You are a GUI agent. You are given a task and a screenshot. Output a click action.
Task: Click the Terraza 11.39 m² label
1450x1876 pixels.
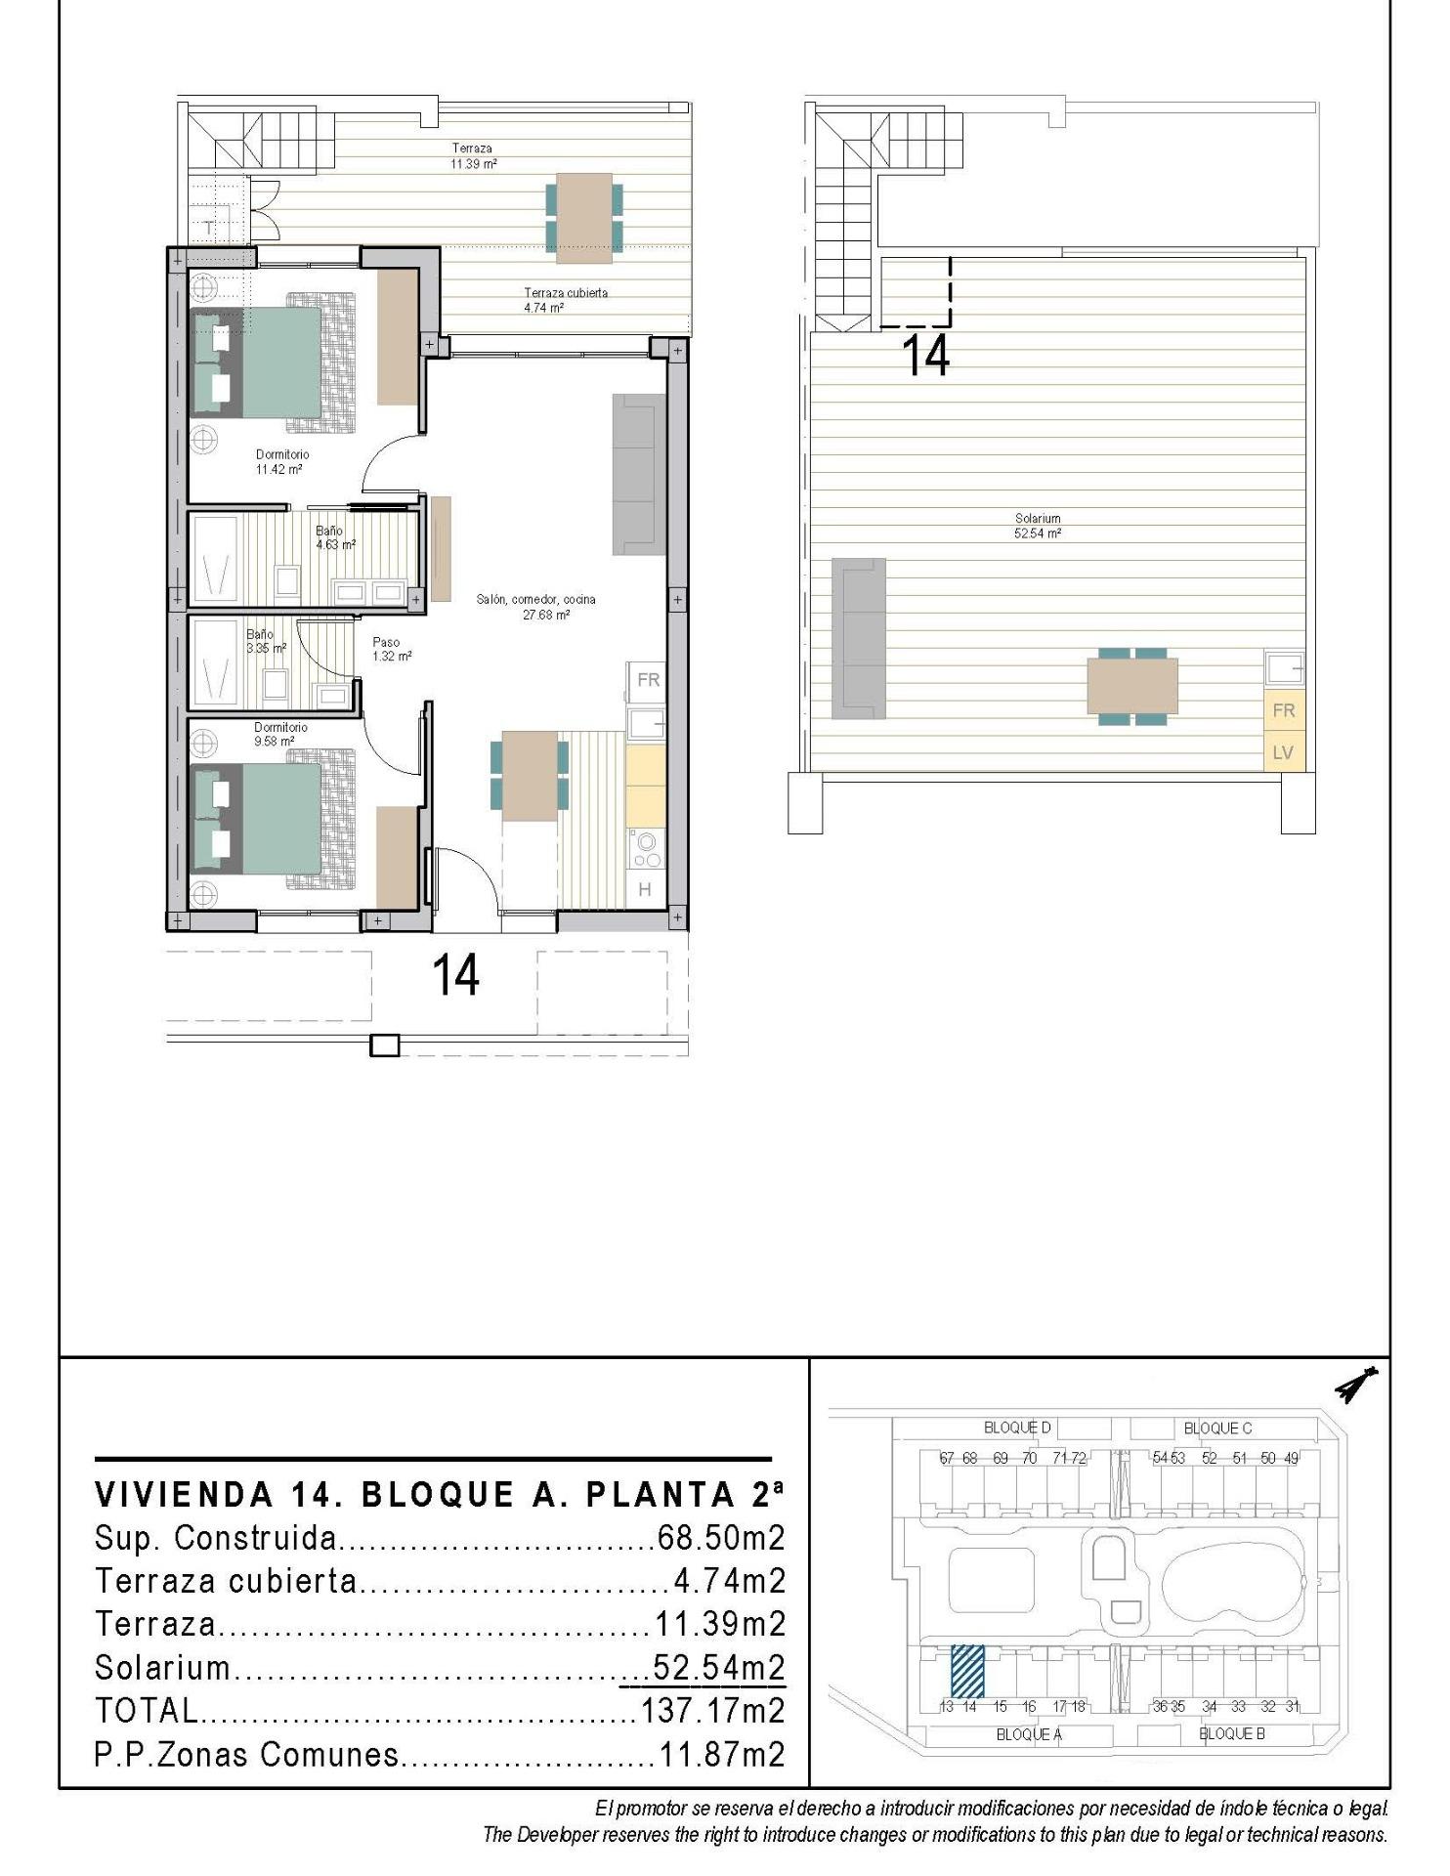click(x=473, y=156)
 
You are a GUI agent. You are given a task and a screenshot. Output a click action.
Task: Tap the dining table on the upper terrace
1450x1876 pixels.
click(x=584, y=218)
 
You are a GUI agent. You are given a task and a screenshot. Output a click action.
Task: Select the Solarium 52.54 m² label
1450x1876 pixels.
click(x=1038, y=526)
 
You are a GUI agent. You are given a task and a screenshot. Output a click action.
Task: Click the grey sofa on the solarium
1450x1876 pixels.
click(x=859, y=638)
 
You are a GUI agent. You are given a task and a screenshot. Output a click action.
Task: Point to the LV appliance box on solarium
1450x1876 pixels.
click(x=1283, y=752)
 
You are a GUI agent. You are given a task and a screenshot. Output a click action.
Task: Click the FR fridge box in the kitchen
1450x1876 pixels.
click(x=648, y=680)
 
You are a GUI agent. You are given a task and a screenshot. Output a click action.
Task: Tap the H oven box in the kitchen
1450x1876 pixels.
click(x=645, y=889)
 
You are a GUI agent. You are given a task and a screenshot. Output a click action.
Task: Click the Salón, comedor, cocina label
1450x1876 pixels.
click(x=535, y=607)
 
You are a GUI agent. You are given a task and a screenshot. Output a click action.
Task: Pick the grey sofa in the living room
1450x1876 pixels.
click(x=639, y=474)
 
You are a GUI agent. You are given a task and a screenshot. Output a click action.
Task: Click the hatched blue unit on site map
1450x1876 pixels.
click(x=967, y=1672)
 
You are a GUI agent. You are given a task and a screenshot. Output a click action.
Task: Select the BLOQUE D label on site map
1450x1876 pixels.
click(x=1017, y=1428)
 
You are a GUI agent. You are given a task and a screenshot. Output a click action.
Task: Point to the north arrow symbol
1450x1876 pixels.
click(x=1357, y=1384)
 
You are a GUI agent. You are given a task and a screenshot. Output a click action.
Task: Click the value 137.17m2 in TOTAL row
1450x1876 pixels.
click(x=713, y=1711)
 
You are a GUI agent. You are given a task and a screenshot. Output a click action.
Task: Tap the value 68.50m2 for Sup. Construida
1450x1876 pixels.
click(x=721, y=1539)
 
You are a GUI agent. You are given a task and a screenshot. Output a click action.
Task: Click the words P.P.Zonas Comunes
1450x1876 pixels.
click(x=247, y=1755)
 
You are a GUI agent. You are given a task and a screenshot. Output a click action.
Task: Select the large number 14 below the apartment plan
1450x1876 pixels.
click(x=455, y=974)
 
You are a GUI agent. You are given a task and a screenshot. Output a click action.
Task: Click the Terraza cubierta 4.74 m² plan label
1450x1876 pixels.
click(x=565, y=300)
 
